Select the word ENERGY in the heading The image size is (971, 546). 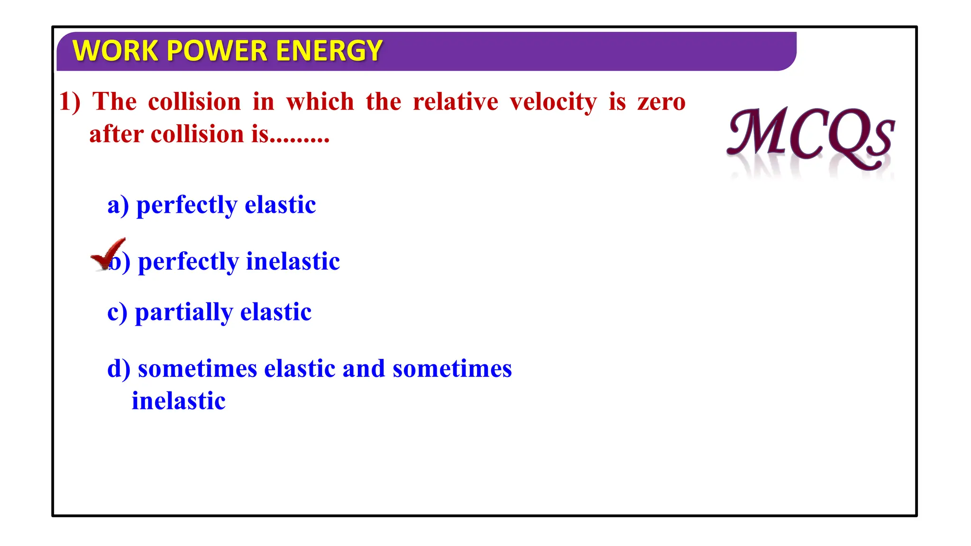click(329, 51)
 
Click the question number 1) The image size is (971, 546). click(70, 102)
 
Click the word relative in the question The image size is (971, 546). click(455, 102)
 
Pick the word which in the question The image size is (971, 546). click(320, 102)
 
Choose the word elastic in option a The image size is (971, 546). click(280, 205)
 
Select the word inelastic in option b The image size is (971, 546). click(293, 262)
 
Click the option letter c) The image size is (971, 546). click(117, 312)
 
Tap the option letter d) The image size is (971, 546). click(119, 369)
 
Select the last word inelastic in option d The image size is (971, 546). click(178, 401)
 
